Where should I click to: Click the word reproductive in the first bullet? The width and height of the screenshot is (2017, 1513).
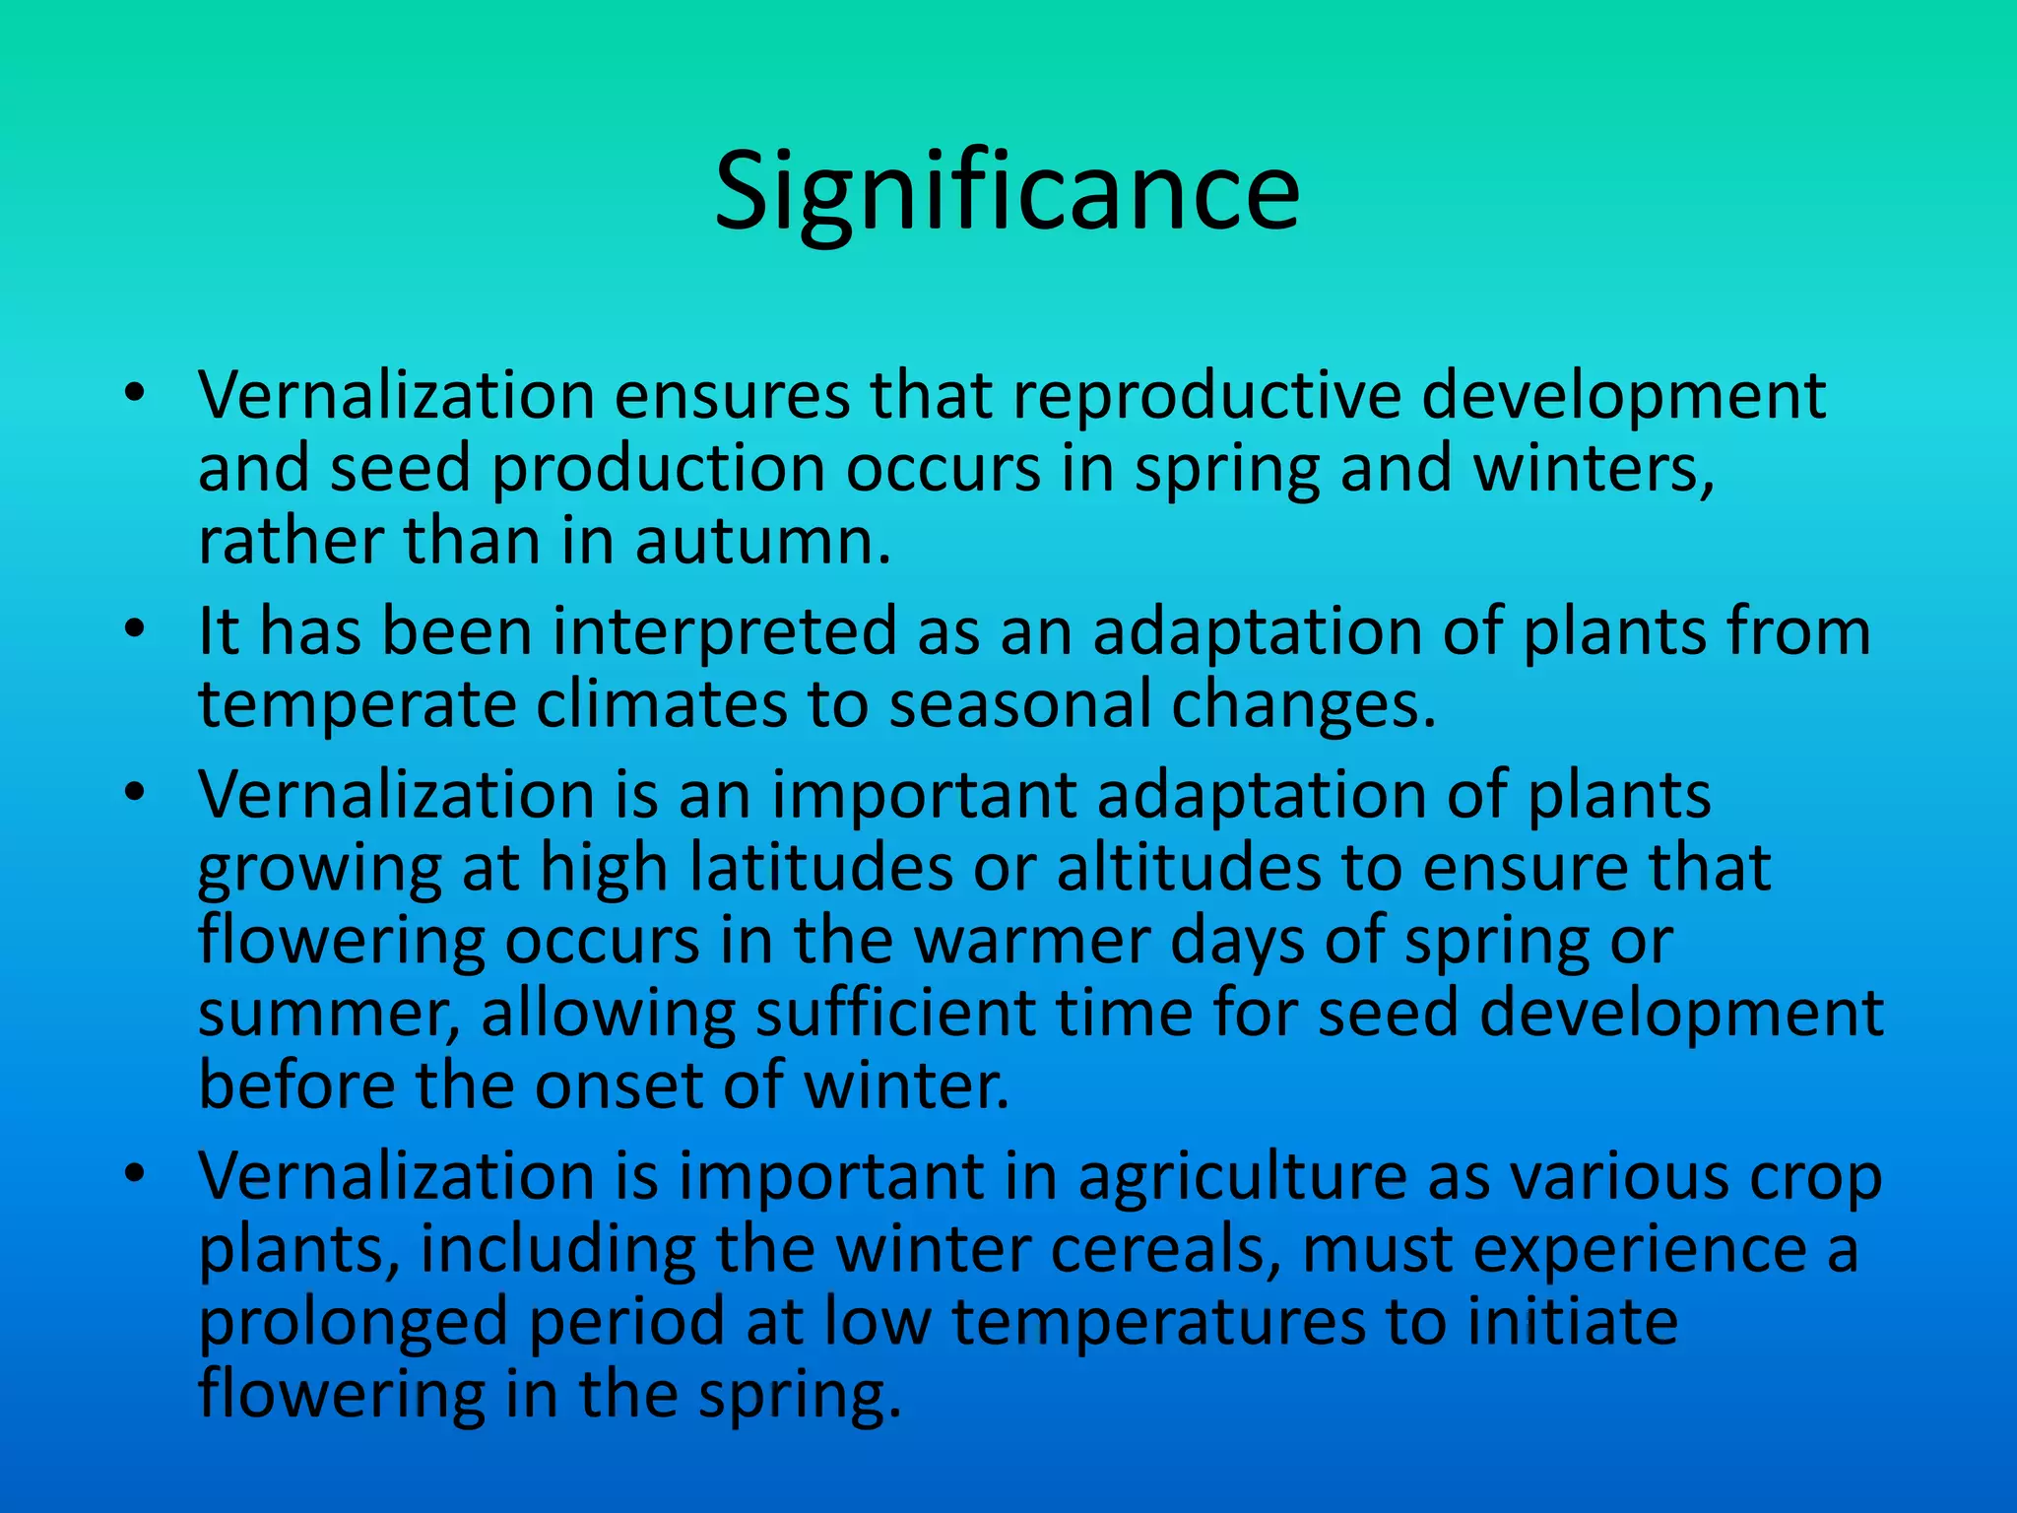pos(1206,395)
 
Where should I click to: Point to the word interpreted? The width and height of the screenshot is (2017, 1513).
pos(724,631)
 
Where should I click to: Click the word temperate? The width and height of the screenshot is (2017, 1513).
pos(357,705)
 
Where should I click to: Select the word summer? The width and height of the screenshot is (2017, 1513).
pos(325,1015)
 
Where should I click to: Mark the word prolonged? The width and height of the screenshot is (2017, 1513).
pos(353,1324)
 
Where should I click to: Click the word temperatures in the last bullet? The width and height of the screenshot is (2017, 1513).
pos(1158,1323)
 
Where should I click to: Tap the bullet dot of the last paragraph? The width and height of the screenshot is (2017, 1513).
pos(136,1174)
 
